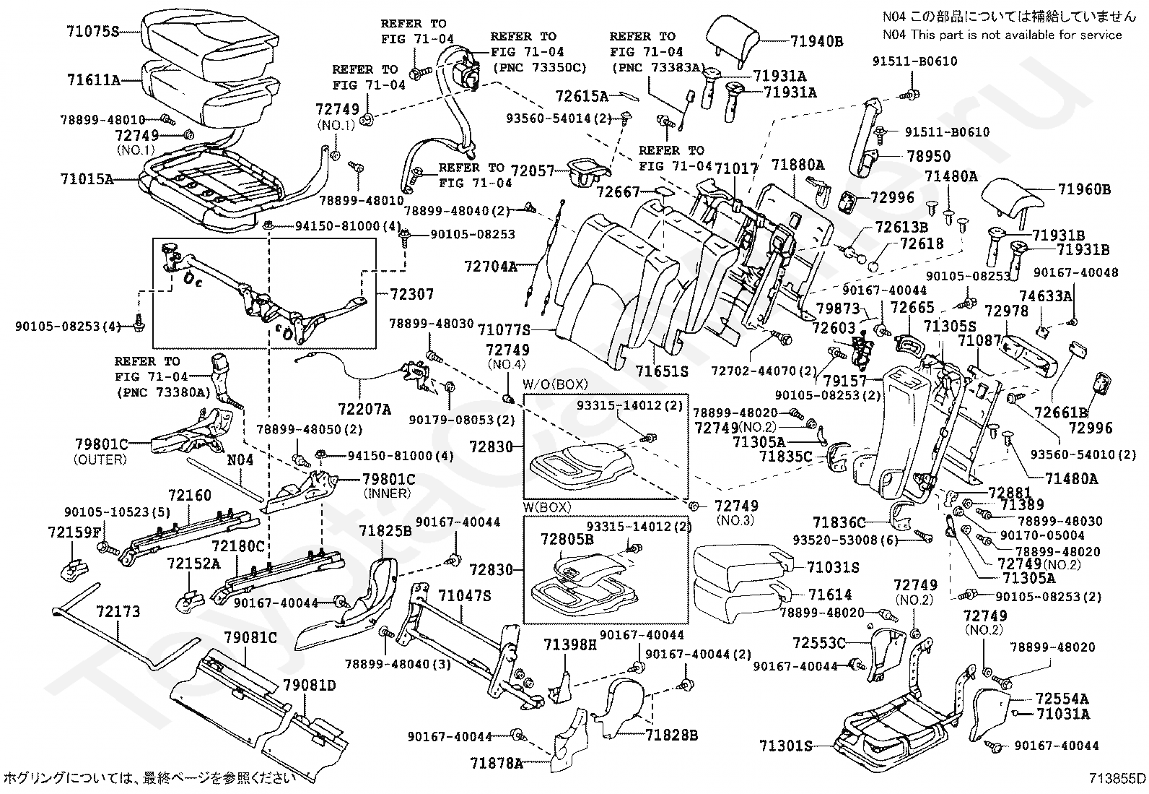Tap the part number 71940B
pyautogui.click(x=816, y=41)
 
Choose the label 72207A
pyautogui.click(x=366, y=410)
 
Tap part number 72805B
pyautogui.click(x=567, y=538)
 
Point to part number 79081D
pyautogui.click(x=310, y=684)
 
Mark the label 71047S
pyautogui.click(x=465, y=595)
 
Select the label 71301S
pyautogui.click(x=786, y=746)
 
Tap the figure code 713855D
pyautogui.click(x=1117, y=778)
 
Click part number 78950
pyautogui.click(x=929, y=156)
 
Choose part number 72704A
pyautogui.click(x=491, y=267)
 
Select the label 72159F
pyautogui.click(x=74, y=532)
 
